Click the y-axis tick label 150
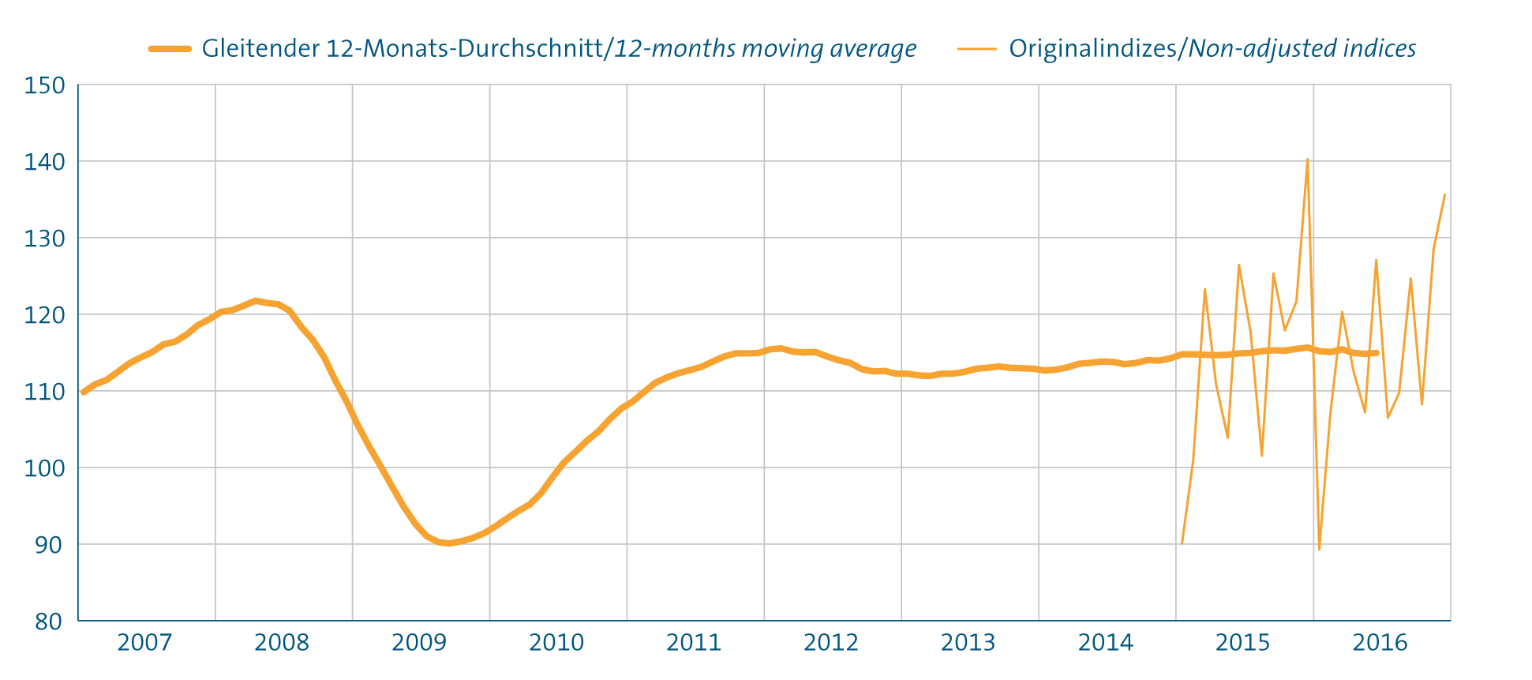click(44, 85)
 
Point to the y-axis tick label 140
click(44, 162)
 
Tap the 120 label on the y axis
click(44, 315)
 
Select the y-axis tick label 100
click(44, 468)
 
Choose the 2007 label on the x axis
click(144, 643)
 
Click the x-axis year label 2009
click(419, 643)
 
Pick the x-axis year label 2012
click(831, 643)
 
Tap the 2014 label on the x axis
click(1106, 643)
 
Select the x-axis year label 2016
click(1380, 643)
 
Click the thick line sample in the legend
click(170, 49)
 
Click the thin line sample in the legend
click(977, 49)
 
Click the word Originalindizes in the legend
click(1092, 49)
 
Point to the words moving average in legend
click(830, 49)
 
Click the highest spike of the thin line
click(1307, 160)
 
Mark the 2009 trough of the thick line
click(448, 543)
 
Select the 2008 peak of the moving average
click(255, 300)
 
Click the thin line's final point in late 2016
click(1444, 195)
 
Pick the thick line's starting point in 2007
click(84, 392)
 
